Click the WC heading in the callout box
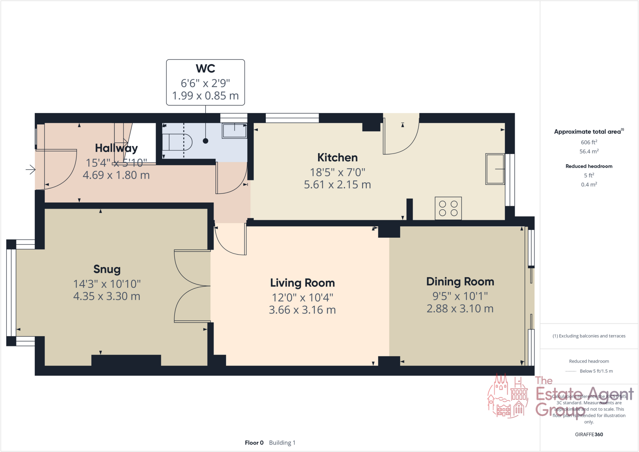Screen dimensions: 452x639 (205, 69)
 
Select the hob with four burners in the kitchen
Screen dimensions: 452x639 (448, 208)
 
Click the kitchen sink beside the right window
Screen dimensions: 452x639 (495, 169)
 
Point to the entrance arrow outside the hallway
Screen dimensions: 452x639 (31, 170)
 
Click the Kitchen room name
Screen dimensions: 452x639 (337, 158)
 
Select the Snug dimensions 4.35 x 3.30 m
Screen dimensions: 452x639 (107, 296)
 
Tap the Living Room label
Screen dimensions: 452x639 (302, 283)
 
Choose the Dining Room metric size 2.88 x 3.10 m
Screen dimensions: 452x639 (460, 309)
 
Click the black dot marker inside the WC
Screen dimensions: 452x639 (205, 141)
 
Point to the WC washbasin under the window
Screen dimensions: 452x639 (234, 130)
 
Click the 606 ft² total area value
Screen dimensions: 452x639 (589, 142)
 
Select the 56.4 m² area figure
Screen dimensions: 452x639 (589, 152)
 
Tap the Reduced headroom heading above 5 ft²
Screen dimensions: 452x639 (589, 166)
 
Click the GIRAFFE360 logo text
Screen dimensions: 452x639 (589, 434)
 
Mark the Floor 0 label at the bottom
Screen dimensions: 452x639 (254, 443)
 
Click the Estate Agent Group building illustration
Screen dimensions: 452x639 (507, 396)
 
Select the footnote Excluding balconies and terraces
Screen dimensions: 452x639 (589, 336)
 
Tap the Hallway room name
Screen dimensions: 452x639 (116, 148)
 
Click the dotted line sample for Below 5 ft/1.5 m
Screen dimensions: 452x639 (570, 371)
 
